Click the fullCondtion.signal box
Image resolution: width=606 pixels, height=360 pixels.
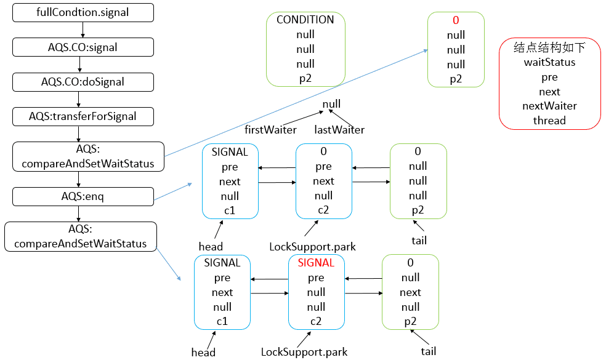(x=83, y=12)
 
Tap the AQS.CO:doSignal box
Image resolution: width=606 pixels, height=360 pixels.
(x=83, y=81)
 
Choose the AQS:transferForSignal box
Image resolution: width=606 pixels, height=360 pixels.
(x=83, y=116)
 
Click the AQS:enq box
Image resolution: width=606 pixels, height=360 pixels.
(x=83, y=196)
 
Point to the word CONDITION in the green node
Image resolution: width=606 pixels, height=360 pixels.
(x=305, y=20)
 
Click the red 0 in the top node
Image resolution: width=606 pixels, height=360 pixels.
(x=456, y=20)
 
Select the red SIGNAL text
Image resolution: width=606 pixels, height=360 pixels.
(x=316, y=263)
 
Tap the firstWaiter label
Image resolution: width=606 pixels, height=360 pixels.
(x=270, y=130)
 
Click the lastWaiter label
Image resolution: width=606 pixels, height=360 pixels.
(x=339, y=130)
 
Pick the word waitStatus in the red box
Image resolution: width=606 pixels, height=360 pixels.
(x=549, y=62)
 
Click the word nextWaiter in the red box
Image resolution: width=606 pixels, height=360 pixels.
(x=549, y=106)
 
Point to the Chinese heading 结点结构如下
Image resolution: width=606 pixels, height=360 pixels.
(x=549, y=47)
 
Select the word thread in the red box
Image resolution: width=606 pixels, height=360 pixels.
(x=549, y=121)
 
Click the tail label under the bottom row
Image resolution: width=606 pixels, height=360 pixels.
(x=429, y=351)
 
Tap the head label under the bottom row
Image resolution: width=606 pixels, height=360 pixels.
(x=203, y=353)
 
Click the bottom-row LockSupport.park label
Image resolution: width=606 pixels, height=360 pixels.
(x=304, y=353)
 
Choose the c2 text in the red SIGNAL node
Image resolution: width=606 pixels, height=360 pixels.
(x=316, y=321)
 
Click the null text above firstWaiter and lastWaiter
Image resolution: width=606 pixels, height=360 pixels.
(x=331, y=104)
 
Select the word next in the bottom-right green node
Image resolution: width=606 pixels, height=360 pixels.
(x=410, y=292)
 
